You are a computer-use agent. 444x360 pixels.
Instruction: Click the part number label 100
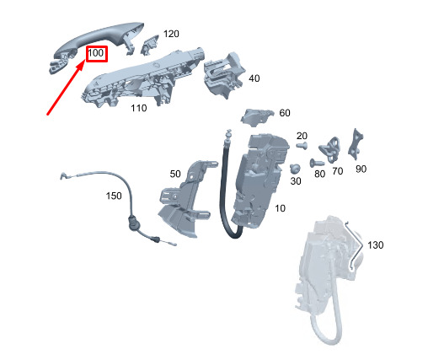point(96,53)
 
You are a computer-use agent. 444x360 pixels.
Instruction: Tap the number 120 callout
point(171,34)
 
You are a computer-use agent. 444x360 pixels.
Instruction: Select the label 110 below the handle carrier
point(139,108)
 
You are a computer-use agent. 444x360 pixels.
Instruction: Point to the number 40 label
point(254,78)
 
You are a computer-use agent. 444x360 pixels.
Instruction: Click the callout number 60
point(285,113)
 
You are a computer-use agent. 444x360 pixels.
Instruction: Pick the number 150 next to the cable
point(114,196)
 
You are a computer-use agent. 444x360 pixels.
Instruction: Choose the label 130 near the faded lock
point(376,244)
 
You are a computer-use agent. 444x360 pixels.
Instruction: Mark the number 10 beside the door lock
point(280,208)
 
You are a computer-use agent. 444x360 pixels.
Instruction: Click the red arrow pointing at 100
point(66,89)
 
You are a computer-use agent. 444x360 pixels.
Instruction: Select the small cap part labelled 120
point(149,45)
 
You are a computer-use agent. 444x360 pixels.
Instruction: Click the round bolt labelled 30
point(295,169)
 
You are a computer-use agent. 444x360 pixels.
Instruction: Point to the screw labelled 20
point(302,146)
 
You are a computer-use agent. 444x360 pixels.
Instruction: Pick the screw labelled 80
point(317,163)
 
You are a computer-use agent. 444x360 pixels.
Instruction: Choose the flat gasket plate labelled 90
point(356,144)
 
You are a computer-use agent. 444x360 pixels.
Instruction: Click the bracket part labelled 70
point(330,150)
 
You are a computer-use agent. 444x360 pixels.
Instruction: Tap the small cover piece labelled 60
point(257,116)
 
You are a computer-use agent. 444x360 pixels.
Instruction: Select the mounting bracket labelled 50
point(187,198)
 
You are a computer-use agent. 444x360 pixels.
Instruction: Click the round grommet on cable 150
point(132,222)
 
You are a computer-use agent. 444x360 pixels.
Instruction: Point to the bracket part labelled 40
point(224,74)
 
